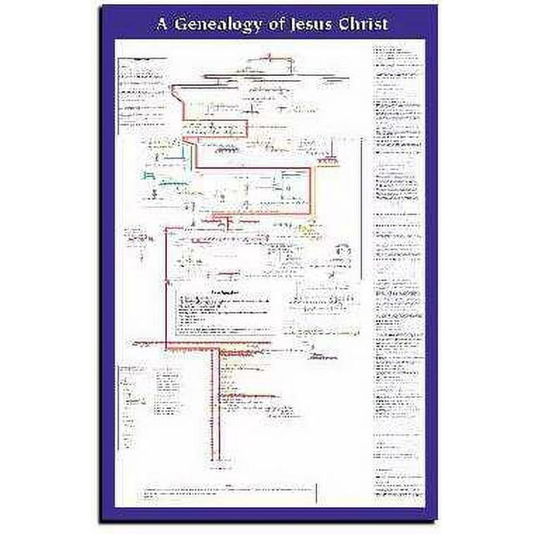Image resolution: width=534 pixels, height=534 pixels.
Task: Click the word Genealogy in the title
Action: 214,24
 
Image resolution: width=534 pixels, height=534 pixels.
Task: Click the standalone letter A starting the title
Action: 162,24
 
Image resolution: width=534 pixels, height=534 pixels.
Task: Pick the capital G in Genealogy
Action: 181,24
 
